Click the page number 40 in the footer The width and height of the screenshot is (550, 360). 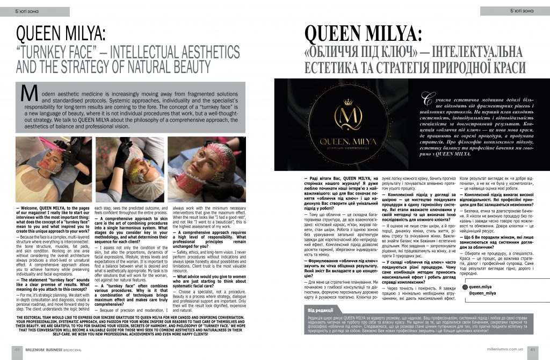(x=17, y=349)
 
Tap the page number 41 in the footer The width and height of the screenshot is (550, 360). (x=533, y=349)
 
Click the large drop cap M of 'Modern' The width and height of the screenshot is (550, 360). (x=27, y=94)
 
